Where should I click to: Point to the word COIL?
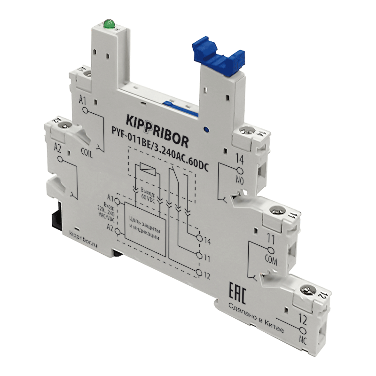(x=88, y=151)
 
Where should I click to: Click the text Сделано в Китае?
(x=256, y=319)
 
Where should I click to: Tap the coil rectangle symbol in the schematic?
(x=144, y=169)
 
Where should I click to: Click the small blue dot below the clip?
(x=205, y=127)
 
